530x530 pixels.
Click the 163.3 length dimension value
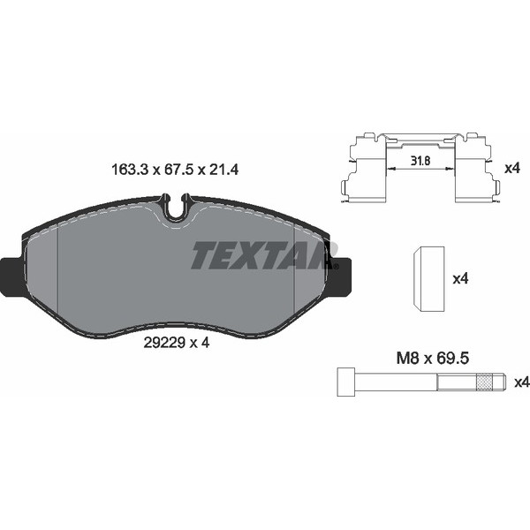(131, 170)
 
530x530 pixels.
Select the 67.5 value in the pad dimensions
(178, 170)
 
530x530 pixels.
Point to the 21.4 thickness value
(223, 170)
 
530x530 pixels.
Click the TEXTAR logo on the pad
(263, 255)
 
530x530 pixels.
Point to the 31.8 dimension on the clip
(420, 161)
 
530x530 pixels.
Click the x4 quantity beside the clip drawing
(511, 168)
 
